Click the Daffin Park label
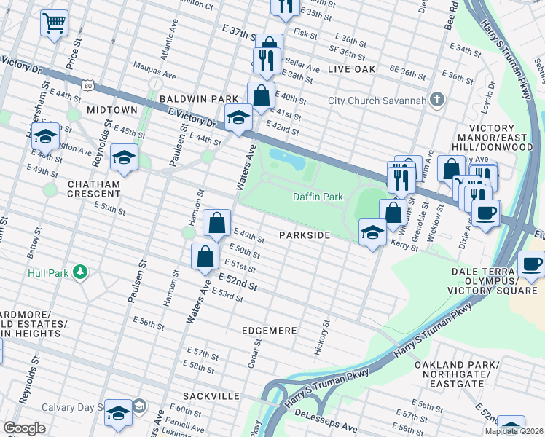click(318, 197)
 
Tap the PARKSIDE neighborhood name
click(305, 235)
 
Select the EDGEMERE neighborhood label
click(270, 331)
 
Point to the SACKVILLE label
click(213, 395)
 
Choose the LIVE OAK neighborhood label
click(351, 69)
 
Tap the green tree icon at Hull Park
click(79, 273)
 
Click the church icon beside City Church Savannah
click(436, 100)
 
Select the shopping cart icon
click(54, 23)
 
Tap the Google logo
click(24, 428)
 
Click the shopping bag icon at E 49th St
click(217, 223)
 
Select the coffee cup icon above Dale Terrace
click(531, 264)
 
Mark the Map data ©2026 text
click(514, 431)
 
